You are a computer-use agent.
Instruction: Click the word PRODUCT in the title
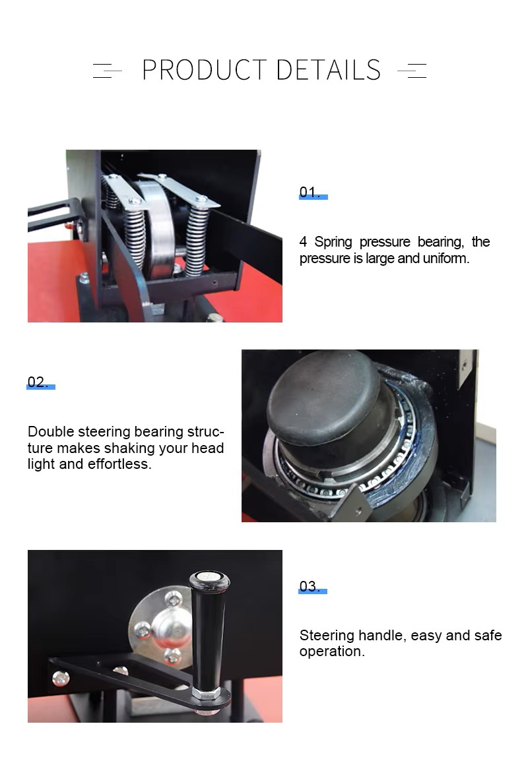205,70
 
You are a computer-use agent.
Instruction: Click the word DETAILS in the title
329,70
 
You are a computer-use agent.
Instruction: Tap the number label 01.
310,192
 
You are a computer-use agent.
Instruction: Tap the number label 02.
38,382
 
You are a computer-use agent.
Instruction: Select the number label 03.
310,586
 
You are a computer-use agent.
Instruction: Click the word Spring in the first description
333,241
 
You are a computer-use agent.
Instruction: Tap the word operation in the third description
332,651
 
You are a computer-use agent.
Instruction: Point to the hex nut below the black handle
207,693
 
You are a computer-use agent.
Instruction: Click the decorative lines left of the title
107,71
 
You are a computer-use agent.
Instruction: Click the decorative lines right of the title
412,71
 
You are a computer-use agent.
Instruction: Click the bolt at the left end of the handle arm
60,679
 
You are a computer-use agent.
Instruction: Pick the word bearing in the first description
441,241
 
